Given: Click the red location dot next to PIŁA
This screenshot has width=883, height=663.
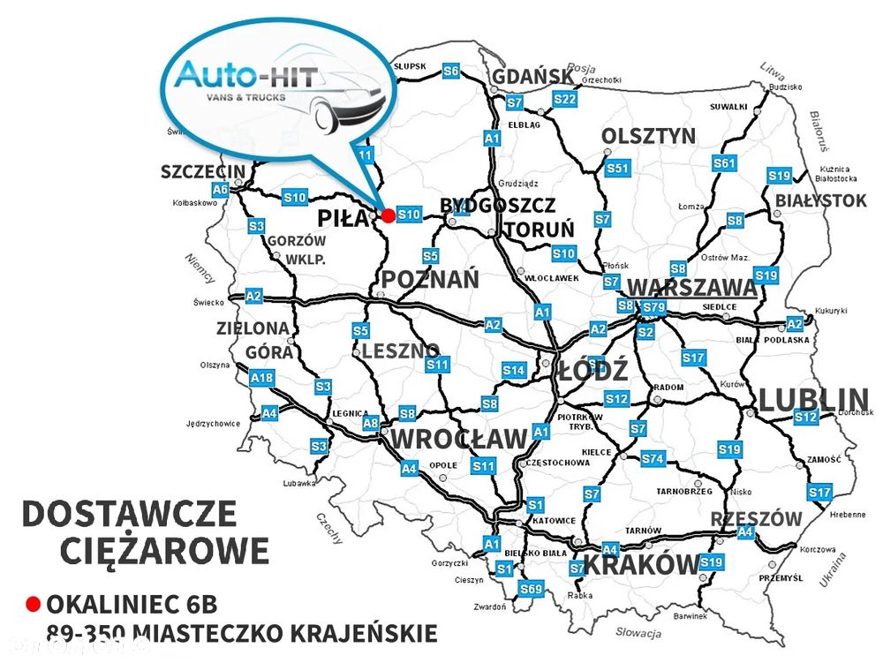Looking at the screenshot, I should (x=388, y=215).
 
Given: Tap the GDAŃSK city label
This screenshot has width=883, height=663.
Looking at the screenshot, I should (x=533, y=76).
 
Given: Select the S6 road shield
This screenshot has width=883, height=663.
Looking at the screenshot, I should (x=451, y=71).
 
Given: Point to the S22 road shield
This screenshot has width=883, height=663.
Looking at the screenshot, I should (x=564, y=99).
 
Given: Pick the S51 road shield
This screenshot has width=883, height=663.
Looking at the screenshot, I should (x=617, y=168).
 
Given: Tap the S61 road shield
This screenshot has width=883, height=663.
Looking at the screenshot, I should (x=724, y=163).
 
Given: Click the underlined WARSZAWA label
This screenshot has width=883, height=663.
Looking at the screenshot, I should (x=691, y=287).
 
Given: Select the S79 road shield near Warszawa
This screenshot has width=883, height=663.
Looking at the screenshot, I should (x=653, y=307).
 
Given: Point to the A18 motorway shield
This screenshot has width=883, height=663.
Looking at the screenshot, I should (x=262, y=379).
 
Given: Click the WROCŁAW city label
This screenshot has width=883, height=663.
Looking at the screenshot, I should (x=458, y=438).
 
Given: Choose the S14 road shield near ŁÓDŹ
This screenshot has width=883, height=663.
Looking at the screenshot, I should (x=514, y=371).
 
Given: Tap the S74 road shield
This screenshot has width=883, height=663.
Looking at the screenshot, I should (x=653, y=459).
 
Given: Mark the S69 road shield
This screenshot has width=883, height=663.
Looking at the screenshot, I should (x=531, y=590).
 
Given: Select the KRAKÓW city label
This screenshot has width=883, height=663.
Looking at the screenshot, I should (x=641, y=564).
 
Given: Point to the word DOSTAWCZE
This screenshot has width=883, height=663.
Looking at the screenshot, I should (x=129, y=514).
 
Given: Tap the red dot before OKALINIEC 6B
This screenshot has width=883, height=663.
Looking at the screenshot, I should (x=34, y=604).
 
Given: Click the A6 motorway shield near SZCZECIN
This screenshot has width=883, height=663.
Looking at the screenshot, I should (x=221, y=189).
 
